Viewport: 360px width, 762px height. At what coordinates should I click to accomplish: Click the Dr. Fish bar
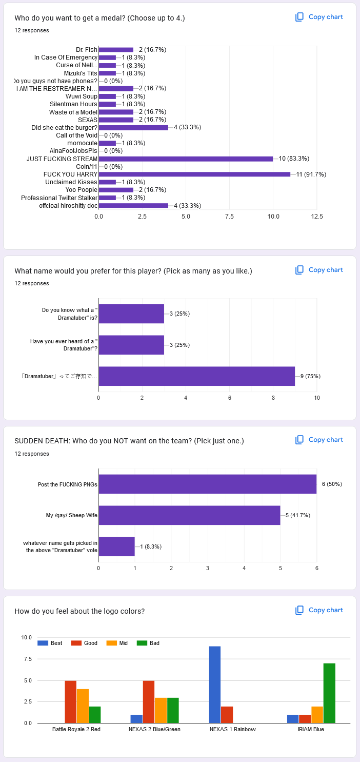116,50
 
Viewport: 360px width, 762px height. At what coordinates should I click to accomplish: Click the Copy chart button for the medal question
319,17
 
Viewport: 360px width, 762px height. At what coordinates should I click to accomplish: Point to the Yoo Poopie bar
116,190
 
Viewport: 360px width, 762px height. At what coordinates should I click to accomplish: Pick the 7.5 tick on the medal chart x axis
230,217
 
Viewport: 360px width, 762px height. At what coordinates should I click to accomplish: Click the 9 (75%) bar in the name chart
196,376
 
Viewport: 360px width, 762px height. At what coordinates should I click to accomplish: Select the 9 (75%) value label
310,376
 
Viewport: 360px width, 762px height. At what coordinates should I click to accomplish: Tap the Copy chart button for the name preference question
319,270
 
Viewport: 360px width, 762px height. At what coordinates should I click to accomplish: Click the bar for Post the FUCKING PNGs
207,484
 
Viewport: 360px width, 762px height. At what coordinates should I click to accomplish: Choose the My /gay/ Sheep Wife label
72,515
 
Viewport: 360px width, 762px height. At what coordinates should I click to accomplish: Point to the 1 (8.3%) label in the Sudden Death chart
151,546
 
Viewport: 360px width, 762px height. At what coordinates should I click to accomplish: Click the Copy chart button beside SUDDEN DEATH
319,440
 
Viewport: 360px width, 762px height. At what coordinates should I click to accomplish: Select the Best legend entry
51,643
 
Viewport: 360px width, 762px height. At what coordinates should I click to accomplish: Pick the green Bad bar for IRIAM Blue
329,693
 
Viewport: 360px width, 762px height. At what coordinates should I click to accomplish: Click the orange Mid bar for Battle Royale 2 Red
83,706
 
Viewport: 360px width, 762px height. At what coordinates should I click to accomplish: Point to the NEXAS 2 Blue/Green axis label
154,729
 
